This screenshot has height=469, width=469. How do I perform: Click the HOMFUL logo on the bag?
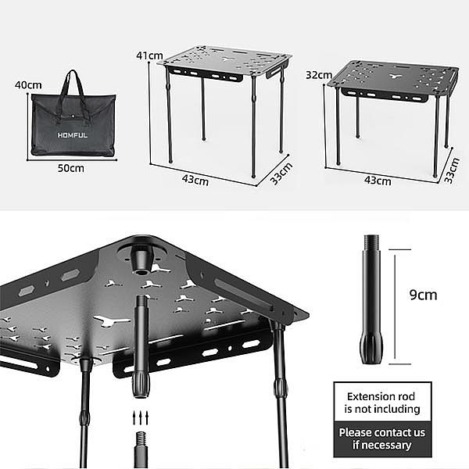click(73, 135)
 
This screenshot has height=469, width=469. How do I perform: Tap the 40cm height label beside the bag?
click(28, 85)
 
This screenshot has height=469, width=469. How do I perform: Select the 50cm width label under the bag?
click(71, 168)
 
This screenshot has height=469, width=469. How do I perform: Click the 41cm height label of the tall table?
click(149, 55)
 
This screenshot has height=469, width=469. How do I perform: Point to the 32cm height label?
click(319, 75)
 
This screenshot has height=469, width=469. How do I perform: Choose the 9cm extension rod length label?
click(423, 295)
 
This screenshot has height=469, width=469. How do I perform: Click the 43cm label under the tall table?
click(195, 181)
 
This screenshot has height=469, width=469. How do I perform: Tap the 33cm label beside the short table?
click(451, 170)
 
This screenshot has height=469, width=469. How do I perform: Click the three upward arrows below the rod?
click(140, 417)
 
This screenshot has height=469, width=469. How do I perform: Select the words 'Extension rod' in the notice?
click(381, 396)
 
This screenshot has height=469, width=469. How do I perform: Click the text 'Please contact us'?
click(382, 432)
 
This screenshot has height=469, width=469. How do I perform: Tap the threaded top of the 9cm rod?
click(371, 243)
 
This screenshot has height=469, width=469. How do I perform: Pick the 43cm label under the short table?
click(378, 181)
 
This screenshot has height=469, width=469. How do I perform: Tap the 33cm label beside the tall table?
click(281, 174)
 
